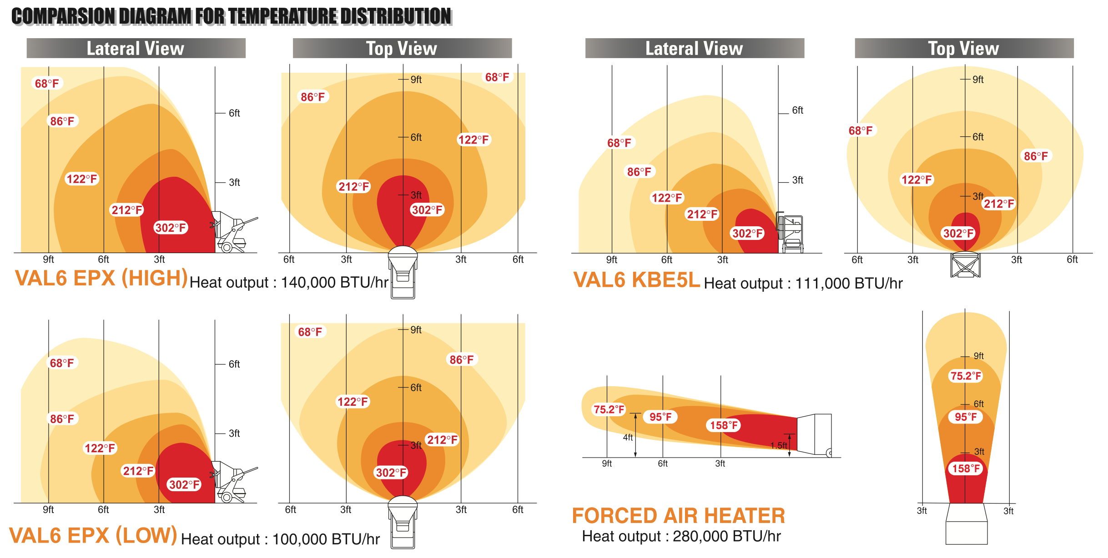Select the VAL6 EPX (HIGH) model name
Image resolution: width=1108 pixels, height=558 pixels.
101,278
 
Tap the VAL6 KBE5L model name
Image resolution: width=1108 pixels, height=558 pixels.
636,280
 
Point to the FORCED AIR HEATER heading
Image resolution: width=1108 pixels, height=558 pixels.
678,516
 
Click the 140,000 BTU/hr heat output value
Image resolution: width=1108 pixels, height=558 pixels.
334,283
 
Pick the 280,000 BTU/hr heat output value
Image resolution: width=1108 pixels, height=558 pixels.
726,537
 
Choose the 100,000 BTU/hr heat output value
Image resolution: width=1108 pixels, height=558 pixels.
326,539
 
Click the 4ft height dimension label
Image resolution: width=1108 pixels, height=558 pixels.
628,438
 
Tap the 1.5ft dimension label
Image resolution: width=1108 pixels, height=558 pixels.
778,446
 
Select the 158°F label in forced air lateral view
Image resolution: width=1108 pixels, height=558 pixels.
724,425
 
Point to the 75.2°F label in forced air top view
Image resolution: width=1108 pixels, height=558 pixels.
966,376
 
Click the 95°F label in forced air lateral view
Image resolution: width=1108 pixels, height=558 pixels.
660,417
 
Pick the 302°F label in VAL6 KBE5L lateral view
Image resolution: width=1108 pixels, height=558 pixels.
747,234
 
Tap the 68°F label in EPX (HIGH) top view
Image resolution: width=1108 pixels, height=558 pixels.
497,77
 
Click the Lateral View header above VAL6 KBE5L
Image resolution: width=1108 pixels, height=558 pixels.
694,48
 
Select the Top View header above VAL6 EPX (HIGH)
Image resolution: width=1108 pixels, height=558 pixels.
402,48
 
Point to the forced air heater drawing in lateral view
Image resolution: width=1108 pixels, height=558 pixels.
814,434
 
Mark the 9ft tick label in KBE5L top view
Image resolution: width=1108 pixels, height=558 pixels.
978,80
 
